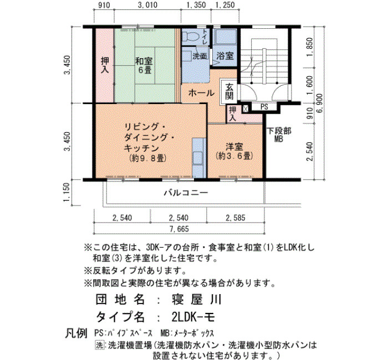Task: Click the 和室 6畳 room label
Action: pyautogui.click(x=144, y=65)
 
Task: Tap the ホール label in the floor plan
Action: pyautogui.click(x=201, y=93)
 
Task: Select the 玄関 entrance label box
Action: pyautogui.click(x=229, y=91)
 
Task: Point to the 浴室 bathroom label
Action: pyautogui.click(x=225, y=56)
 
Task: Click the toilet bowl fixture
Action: pyautogui.click(x=192, y=37)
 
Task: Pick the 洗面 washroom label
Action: pyautogui.click(x=200, y=56)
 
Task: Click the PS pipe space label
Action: pyautogui.click(x=264, y=107)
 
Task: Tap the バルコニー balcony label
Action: pyautogui.click(x=186, y=193)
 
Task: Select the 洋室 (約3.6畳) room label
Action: pyautogui.click(x=234, y=151)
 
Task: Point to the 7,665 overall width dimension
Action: pyautogui.click(x=180, y=229)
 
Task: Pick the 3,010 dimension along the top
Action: pyautogui.click(x=147, y=5)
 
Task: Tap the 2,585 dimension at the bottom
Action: pyautogui.click(x=236, y=218)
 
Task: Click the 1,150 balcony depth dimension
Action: pyautogui.click(x=67, y=192)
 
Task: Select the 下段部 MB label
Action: pyautogui.click(x=279, y=135)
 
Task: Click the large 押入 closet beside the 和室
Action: pyautogui.click(x=105, y=65)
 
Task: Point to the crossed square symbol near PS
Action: pyautogui.click(x=246, y=109)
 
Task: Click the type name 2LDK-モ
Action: pyautogui.click(x=193, y=317)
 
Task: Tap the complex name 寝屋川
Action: pyautogui.click(x=196, y=300)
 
